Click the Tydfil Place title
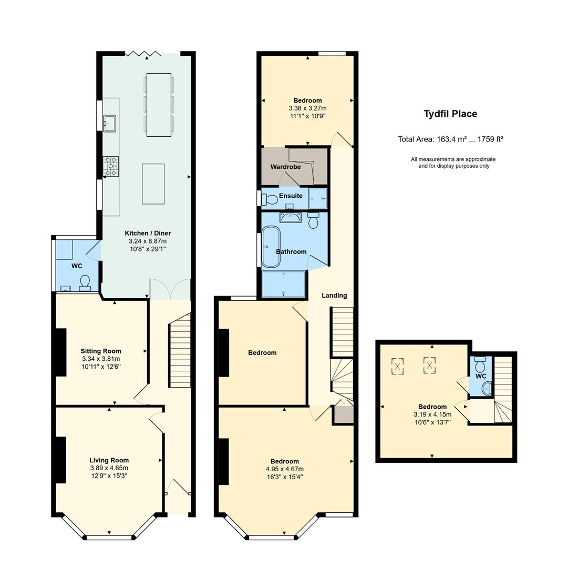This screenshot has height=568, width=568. point(450,114)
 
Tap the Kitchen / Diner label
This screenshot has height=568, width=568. point(148,233)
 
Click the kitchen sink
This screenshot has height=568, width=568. point(109,123)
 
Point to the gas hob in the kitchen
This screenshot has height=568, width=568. point(111,166)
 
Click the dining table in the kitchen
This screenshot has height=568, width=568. point(159,105)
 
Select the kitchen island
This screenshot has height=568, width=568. point(153,184)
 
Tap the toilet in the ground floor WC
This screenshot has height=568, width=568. point(85,283)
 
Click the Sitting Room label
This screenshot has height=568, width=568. point(101,351)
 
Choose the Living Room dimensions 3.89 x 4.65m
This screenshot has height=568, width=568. point(109,468)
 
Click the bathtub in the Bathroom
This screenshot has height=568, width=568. point(271,247)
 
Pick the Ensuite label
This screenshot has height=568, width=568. point(291,196)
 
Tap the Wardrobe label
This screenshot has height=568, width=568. point(285,167)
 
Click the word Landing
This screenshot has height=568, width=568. point(334,296)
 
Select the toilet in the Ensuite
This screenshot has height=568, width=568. point(269,199)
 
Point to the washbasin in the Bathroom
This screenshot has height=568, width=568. point(290,218)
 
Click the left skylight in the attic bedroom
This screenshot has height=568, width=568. point(397,366)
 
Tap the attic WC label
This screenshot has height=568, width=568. point(481,376)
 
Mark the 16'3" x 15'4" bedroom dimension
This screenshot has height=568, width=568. point(285,477)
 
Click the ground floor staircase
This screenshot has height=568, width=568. point(180,350)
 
